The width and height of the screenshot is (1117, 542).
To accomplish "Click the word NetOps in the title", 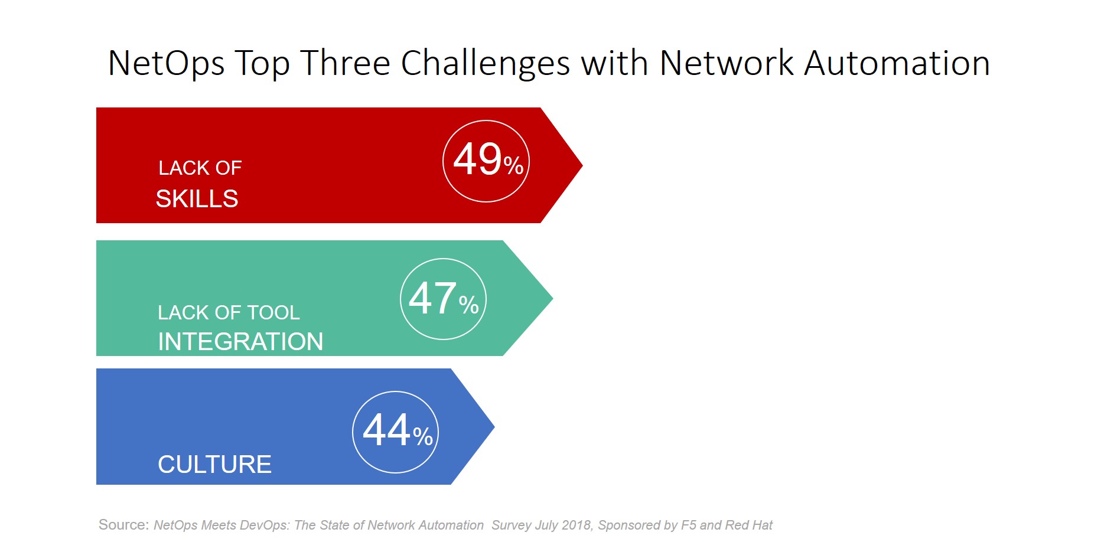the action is [166, 64].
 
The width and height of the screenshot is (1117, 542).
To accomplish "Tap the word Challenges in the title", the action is [485, 64].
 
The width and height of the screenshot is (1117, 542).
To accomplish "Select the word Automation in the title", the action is [897, 63].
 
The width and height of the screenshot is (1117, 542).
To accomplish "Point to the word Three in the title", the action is [345, 63].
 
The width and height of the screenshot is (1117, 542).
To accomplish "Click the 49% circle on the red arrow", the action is [486, 161].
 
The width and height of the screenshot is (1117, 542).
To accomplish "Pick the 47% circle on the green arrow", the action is [443, 299].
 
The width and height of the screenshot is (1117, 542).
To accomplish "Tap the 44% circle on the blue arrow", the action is [396, 432].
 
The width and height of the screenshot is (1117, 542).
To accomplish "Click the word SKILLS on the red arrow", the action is [197, 199].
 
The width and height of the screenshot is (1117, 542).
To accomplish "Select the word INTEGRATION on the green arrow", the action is [240, 342].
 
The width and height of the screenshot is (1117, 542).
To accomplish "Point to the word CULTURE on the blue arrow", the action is [214, 465].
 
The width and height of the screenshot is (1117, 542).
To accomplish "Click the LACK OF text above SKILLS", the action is [200, 168].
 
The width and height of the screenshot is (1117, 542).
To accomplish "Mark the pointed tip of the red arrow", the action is [582, 165].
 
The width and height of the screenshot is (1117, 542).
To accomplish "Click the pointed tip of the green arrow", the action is [553, 298].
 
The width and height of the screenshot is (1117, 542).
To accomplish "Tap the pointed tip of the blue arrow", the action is [494, 426].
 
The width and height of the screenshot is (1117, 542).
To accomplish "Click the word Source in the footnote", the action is [122, 525].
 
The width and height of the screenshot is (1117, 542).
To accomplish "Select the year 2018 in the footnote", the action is [577, 525].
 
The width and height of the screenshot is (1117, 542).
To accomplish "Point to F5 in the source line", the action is [688, 525].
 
